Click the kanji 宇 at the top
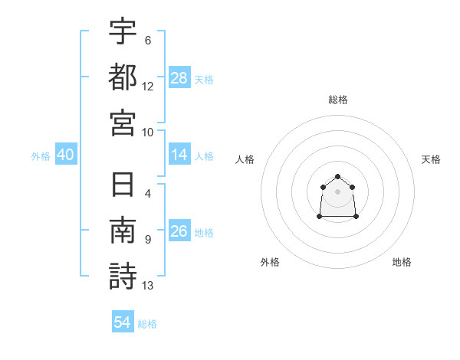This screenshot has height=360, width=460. click(123, 31)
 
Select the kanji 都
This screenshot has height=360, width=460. click(123, 77)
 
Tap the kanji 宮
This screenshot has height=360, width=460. click(123, 123)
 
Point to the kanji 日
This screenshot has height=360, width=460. click(123, 185)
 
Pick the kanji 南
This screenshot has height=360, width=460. click(123, 230)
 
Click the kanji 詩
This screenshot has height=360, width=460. click(123, 277)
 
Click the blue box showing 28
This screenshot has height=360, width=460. click(179, 77)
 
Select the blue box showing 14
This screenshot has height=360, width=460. click(179, 154)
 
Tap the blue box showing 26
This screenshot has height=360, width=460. click(179, 230)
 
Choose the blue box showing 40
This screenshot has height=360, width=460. click(66, 154)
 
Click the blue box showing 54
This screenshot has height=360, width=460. click(123, 321)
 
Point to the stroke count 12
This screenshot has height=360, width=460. click(147, 87)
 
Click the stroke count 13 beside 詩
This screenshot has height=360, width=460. click(147, 286)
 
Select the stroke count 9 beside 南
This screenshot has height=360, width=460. click(148, 240)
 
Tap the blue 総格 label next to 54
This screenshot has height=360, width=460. click(147, 324)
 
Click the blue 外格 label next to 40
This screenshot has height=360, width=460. click(41, 156)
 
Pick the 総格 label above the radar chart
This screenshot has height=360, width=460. click(338, 100)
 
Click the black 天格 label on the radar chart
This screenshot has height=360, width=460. click(431, 159)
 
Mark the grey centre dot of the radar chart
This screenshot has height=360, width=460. click(337, 191)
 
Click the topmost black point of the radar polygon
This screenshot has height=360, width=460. click(337, 176)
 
